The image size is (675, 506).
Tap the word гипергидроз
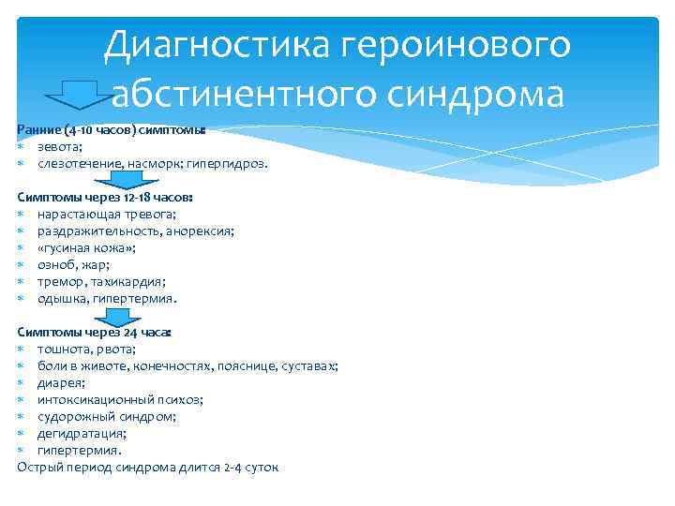tap(227, 164)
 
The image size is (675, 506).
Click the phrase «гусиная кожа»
tap(86, 248)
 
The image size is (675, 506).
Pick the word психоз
tap(179, 399)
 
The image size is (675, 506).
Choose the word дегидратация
tap(82, 433)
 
